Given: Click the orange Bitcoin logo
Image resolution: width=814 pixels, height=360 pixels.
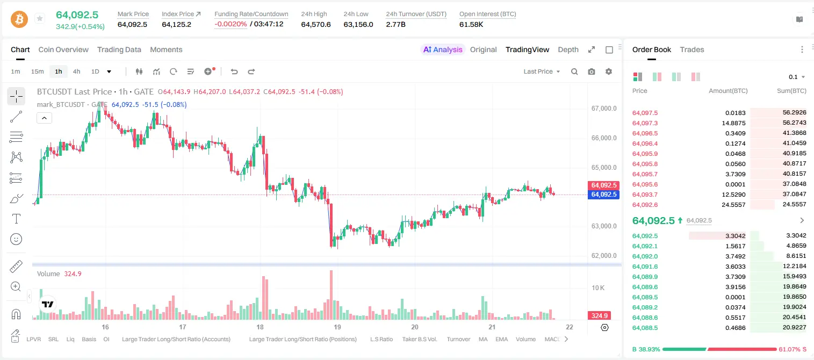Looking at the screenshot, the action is click(x=19, y=19).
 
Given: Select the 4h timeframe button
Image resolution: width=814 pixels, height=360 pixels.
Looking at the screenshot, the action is click(x=76, y=71).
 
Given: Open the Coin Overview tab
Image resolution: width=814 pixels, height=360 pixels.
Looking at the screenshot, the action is click(x=63, y=49).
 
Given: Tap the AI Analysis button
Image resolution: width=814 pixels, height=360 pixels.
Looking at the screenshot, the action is click(x=443, y=49).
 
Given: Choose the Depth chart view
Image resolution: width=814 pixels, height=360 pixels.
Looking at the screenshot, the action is click(x=568, y=49).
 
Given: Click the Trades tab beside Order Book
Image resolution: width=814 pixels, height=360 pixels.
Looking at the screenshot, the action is click(x=692, y=49).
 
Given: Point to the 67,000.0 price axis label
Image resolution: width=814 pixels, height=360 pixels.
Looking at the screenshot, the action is click(x=604, y=108).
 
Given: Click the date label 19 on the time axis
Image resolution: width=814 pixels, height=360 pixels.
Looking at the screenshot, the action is click(x=337, y=327).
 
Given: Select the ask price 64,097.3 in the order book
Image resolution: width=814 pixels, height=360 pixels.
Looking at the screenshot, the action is click(x=645, y=123).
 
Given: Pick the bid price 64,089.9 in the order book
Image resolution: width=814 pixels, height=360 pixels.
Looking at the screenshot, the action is click(x=645, y=277).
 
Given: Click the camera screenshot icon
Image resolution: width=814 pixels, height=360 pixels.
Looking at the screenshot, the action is click(x=592, y=71).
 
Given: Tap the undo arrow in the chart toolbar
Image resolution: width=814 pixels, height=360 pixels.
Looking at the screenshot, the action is click(x=234, y=71).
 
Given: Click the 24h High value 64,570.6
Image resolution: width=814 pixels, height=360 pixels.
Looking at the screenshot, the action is click(x=316, y=24).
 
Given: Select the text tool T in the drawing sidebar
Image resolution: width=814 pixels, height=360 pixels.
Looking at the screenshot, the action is click(x=16, y=219).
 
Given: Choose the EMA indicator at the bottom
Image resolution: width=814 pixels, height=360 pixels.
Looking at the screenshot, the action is click(x=501, y=339).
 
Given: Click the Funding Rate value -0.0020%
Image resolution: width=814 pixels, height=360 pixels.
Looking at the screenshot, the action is click(x=230, y=24).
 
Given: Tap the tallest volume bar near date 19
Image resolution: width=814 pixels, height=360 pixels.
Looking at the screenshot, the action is click(x=331, y=294).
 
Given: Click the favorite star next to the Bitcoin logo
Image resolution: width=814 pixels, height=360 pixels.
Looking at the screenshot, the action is click(x=40, y=18).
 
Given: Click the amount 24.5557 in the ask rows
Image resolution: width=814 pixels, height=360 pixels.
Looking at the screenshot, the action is click(x=733, y=205).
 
